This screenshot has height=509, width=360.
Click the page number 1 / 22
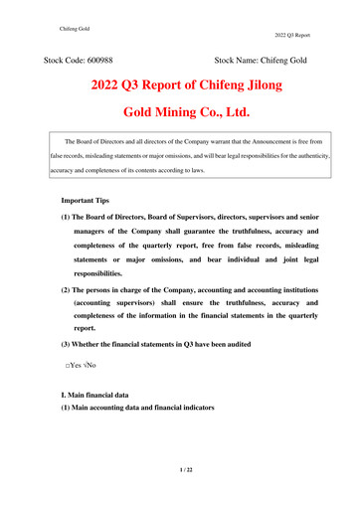click(179, 468)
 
